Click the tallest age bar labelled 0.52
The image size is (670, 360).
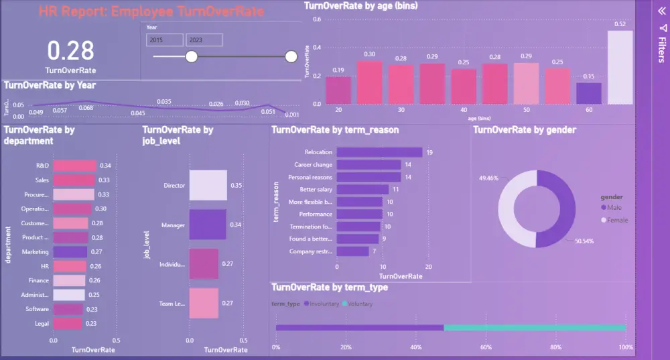tap(620, 67)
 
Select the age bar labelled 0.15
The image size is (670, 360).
tap(589, 93)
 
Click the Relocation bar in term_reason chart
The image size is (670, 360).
tap(379, 153)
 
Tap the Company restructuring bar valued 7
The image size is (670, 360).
tap(352, 251)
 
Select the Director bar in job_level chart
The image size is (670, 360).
tap(208, 186)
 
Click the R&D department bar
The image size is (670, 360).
tap(74, 166)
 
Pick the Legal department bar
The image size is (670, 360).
tap(68, 324)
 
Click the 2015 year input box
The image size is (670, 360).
tap(164, 40)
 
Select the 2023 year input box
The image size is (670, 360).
tap(204, 40)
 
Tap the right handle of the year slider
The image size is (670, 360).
tap(291, 57)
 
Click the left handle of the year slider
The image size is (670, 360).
tap(191, 57)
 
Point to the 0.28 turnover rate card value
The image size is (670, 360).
tap(70, 51)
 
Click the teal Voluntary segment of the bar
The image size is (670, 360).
tap(534, 328)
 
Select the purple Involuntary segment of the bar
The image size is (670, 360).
tap(359, 328)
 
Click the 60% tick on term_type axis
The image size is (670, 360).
tap(486, 347)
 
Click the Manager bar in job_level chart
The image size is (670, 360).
tap(208, 225)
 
